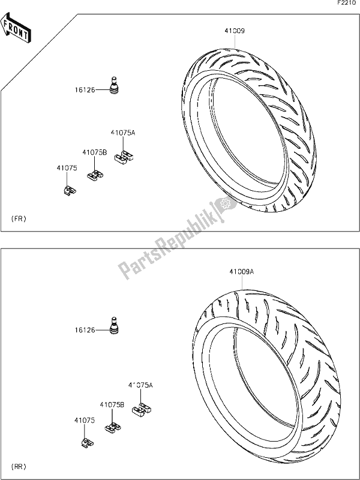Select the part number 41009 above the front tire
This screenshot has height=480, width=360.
pos(235,31)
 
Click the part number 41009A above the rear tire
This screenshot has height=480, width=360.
pos(242,272)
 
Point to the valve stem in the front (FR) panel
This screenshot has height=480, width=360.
pos(114,85)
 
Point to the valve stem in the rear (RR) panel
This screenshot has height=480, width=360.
pos(114,325)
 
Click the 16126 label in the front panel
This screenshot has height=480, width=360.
pos(85,90)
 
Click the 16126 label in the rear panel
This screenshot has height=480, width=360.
pos(85,331)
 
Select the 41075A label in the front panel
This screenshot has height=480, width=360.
pos(123,133)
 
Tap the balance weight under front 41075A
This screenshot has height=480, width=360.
pos(124,156)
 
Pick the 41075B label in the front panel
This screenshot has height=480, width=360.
pos(95,152)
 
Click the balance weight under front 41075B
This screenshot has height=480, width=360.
pos(95,175)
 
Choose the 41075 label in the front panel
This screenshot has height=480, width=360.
pos(67,168)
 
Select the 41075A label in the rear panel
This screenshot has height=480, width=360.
pos(140,385)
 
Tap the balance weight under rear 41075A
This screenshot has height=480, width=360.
pos(142,409)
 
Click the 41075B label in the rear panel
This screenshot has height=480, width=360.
pos(112,404)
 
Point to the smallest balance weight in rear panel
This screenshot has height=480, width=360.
pos(88,443)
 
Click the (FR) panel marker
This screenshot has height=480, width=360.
pos(19,218)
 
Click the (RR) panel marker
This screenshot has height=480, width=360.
pos(19,467)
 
